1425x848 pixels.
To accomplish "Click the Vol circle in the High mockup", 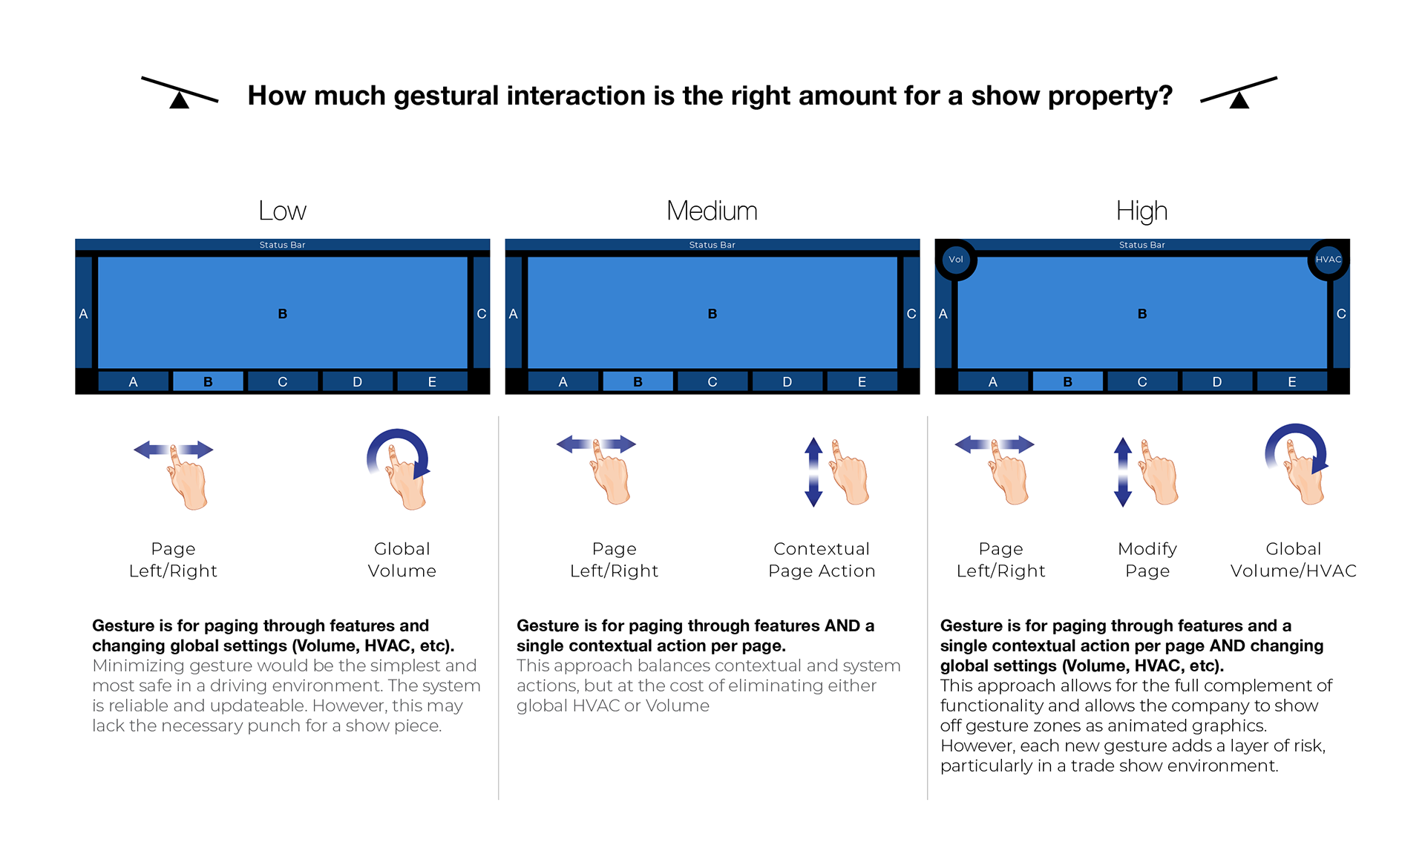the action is [x=956, y=260].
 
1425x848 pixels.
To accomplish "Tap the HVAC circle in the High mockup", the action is [x=1328, y=260].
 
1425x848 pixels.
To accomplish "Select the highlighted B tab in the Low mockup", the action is [x=208, y=381].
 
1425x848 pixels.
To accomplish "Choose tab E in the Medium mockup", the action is [x=862, y=381].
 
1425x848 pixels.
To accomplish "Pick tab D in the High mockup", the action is [x=1216, y=381].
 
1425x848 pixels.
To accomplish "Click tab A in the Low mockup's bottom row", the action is [x=133, y=381].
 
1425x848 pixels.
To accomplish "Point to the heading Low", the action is [x=282, y=211].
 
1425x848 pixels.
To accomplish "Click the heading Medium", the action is [x=712, y=211].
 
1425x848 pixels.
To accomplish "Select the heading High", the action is [x=1141, y=211].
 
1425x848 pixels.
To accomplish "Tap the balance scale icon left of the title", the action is [x=180, y=93].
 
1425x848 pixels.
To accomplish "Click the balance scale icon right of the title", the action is [x=1239, y=93].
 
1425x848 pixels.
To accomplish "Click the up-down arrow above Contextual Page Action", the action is [x=813, y=472].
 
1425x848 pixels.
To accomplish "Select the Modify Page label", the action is [x=1147, y=559].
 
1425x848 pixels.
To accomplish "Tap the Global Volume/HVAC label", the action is [x=1293, y=559].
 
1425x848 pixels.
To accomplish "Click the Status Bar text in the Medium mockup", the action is [x=712, y=245].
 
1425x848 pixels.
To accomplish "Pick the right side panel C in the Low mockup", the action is [x=481, y=313].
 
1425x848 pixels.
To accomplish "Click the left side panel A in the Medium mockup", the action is [x=514, y=313].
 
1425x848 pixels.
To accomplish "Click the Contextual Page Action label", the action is [x=822, y=559].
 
